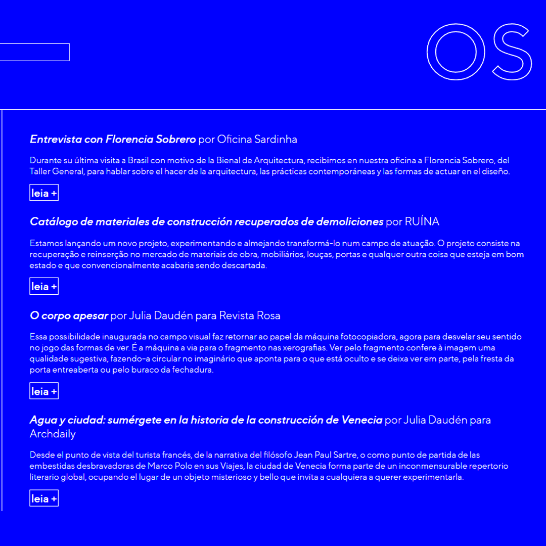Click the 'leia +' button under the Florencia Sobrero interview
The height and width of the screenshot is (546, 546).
point(44,193)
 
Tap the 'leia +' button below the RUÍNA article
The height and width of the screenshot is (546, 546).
point(44,287)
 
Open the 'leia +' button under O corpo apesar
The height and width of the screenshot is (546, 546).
point(44,391)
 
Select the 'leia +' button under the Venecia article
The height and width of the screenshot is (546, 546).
point(44,498)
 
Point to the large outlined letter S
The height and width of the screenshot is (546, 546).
point(512,52)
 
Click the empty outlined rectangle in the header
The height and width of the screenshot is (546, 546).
point(34,52)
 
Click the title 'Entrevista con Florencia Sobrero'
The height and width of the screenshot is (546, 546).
point(113,139)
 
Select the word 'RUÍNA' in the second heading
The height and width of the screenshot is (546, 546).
point(422,221)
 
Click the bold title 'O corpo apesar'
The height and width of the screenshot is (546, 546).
point(69,316)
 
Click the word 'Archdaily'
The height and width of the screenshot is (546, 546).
point(53,434)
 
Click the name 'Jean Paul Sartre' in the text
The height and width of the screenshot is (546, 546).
point(326,455)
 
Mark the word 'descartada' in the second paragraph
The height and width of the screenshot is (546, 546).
point(245,265)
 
